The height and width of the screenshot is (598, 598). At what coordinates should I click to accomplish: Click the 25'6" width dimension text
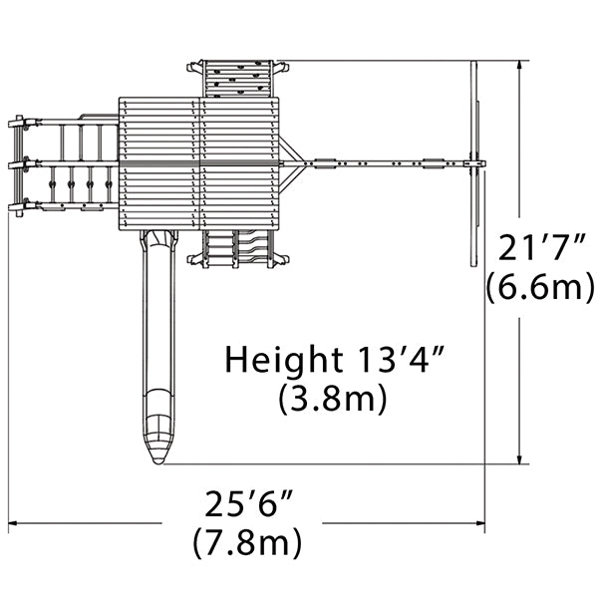point(249,503)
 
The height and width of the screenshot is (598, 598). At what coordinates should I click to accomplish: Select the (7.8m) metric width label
point(247,542)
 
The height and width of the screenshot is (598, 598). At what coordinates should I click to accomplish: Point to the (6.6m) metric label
point(540,287)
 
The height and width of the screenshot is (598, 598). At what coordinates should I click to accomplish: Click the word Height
point(284,361)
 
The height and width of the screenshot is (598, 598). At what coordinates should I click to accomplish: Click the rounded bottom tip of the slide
point(157,458)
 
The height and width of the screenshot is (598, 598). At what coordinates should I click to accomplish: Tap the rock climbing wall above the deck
point(238,78)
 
